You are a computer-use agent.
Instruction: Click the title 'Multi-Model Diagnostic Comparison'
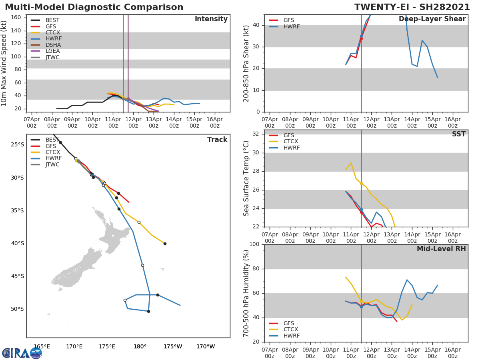pyautogui.click(x=94, y=7)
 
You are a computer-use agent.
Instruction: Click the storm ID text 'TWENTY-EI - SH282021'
pyautogui.click(x=413, y=7)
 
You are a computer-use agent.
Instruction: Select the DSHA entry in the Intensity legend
pyautogui.click(x=52, y=45)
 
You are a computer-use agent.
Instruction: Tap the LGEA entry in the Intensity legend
pyautogui.click(x=52, y=51)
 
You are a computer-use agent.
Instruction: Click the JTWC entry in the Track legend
pyautogui.click(x=52, y=164)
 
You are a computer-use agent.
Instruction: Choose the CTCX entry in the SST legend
pyautogui.click(x=291, y=142)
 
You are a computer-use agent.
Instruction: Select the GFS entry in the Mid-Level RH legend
pyautogui.click(x=288, y=323)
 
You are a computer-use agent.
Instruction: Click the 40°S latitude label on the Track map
pyautogui.click(x=17, y=243)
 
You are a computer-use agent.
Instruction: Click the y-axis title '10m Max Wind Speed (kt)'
pyautogui.click(x=4, y=63)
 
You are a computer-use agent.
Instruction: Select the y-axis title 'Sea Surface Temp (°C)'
pyautogui.click(x=246, y=178)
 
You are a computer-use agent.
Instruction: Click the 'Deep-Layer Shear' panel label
pyautogui.click(x=432, y=19)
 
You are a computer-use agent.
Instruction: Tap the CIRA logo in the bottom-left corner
pyautogui.click(x=22, y=353)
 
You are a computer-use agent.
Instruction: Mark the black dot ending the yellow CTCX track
pyautogui.click(x=165, y=244)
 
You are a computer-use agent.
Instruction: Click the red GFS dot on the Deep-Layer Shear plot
pyautogui.click(x=361, y=38)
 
